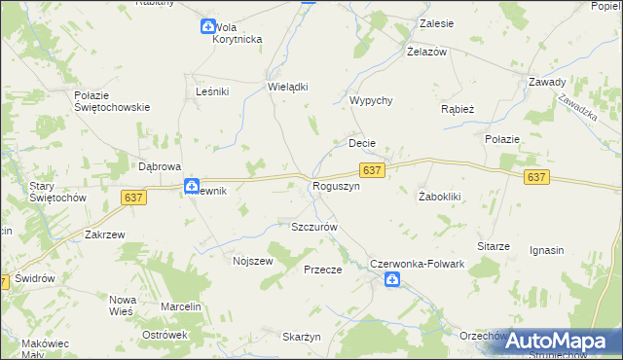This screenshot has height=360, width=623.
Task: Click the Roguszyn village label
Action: point(336,186)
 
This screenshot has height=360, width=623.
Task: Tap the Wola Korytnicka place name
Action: point(238,33)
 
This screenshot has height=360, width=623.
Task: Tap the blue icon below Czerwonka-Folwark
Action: point(391,280)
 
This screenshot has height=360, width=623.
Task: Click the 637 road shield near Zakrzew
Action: point(134,198)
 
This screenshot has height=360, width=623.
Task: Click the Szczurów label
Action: point(313,227)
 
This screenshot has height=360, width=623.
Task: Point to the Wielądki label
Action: point(288,87)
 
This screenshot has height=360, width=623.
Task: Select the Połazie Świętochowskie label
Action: point(111,101)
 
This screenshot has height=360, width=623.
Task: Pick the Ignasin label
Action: point(546,250)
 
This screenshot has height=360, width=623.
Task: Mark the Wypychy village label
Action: point(371,101)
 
